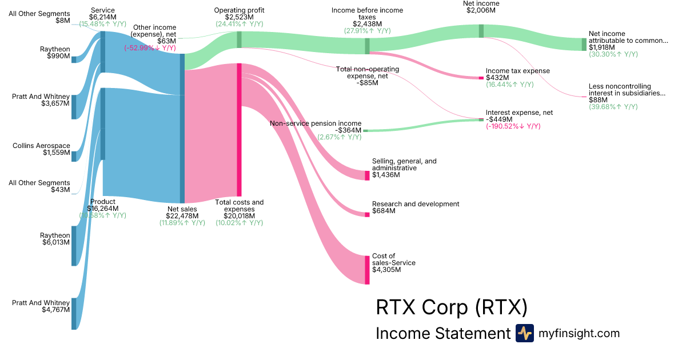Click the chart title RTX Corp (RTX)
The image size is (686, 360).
click(451, 307)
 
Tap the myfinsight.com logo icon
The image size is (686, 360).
click(524, 333)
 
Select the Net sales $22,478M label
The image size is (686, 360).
click(182, 213)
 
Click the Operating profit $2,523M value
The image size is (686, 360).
click(239, 17)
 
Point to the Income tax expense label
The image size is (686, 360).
click(517, 71)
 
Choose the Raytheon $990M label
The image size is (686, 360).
click(55, 53)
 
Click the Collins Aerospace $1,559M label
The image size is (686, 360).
click(42, 150)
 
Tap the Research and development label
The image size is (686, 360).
click(416, 204)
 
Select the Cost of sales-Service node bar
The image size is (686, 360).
click(367, 270)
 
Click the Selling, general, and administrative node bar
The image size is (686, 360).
click(367, 175)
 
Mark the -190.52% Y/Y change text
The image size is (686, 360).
click(513, 126)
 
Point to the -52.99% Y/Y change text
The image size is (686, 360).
click(150, 48)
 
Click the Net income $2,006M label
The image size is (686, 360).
click(481, 7)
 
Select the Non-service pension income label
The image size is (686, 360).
click(316, 123)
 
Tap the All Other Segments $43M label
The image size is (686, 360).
click(39, 186)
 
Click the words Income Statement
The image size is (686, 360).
click(442, 334)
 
